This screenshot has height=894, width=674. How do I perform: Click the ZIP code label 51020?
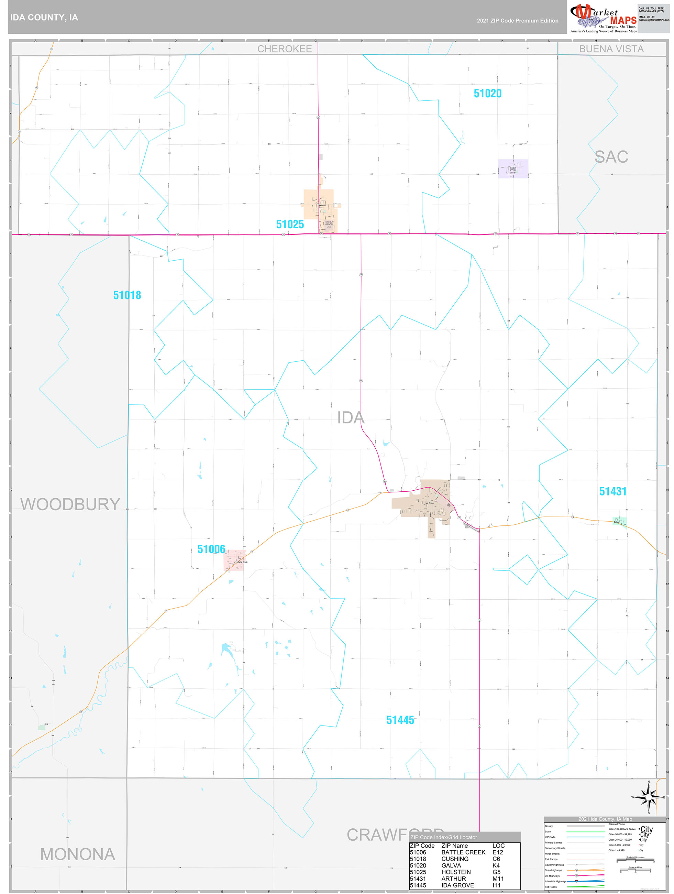pos(487,94)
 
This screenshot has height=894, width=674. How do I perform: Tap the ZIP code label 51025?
pos(290,224)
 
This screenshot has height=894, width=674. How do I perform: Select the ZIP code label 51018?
pos(127,295)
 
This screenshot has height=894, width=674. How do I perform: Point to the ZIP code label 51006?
pos(211,549)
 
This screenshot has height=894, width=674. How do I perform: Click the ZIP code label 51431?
pos(612,491)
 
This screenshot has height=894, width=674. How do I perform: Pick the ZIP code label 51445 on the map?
pos(400,720)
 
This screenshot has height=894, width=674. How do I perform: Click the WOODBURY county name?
pos(70,504)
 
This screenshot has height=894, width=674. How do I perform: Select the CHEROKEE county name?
pos(285,49)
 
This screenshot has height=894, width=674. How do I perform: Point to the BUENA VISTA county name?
pos(611,49)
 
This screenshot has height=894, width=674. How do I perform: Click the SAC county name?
pos(611,156)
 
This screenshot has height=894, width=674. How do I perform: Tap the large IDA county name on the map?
pos(351,417)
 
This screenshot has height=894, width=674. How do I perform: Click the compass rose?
pos(648,797)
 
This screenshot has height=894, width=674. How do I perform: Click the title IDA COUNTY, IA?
pos(44,18)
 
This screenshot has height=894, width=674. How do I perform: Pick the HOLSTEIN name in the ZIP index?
pos(456,872)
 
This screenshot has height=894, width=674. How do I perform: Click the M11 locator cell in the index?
pos(498,878)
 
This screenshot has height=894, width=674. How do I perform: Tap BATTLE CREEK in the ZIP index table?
pos(463,852)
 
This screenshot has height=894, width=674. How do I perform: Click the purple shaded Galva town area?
pos(512,168)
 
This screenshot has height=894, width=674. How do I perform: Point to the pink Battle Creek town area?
pos(234,560)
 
